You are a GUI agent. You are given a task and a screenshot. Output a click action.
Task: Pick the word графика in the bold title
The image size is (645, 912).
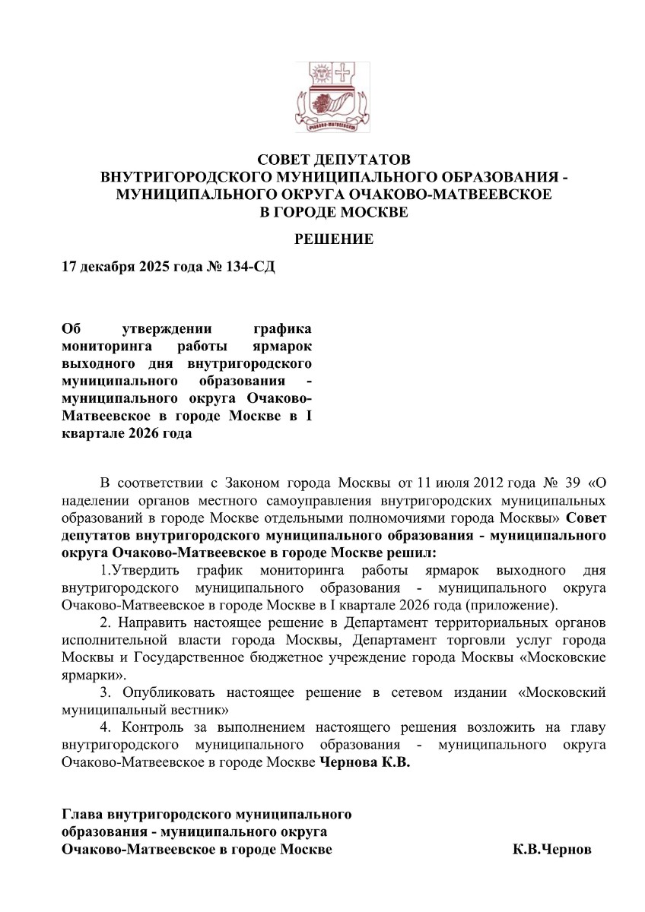click(x=281, y=329)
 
